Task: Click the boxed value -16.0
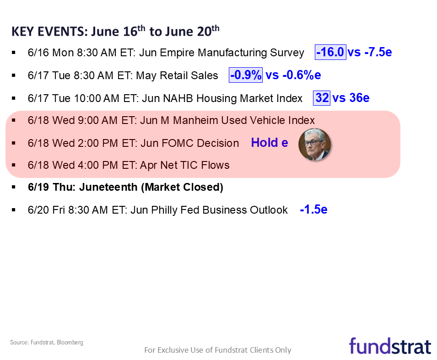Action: click(330, 52)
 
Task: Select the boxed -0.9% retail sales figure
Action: click(246, 75)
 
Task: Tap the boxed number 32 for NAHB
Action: click(322, 98)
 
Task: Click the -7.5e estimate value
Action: click(378, 52)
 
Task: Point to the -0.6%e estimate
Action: click(302, 75)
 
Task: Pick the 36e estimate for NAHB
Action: click(359, 98)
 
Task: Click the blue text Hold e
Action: click(270, 143)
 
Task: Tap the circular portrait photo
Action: click(315, 145)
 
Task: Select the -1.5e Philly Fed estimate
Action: click(313, 210)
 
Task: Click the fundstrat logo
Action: click(390, 346)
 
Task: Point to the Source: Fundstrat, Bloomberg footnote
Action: click(47, 343)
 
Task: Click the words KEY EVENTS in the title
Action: click(49, 32)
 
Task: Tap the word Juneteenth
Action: click(108, 187)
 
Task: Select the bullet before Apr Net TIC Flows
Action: click(14, 165)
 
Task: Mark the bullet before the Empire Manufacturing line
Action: click(14, 53)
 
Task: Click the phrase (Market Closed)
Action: click(182, 187)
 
